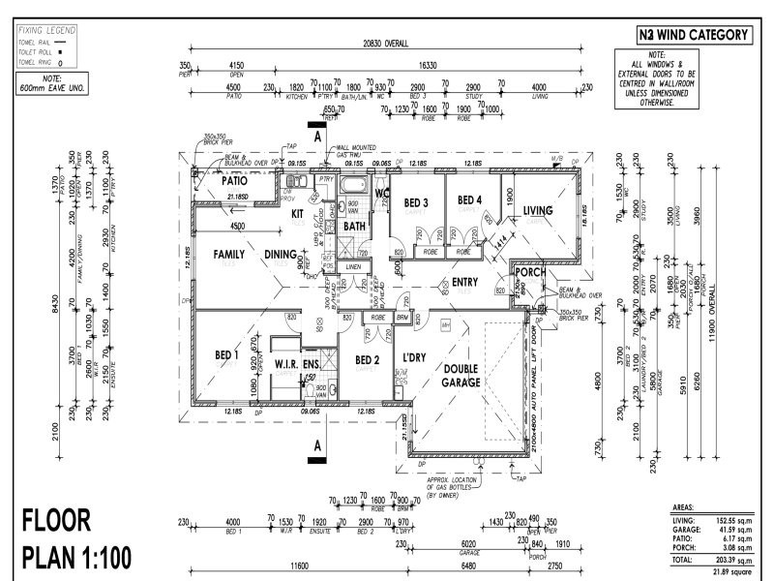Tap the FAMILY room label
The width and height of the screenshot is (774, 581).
(214, 255)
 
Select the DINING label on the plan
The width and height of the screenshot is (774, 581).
(283, 255)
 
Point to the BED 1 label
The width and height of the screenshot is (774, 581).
(227, 355)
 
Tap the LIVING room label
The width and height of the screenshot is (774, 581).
(538, 210)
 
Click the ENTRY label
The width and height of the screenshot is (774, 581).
(465, 283)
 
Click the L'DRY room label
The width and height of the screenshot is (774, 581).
(415, 358)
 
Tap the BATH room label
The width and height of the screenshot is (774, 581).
(353, 227)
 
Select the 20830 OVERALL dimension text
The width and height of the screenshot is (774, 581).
(385, 44)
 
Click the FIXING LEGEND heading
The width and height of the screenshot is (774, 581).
(46, 31)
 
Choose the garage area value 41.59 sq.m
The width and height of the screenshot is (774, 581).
(726, 531)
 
